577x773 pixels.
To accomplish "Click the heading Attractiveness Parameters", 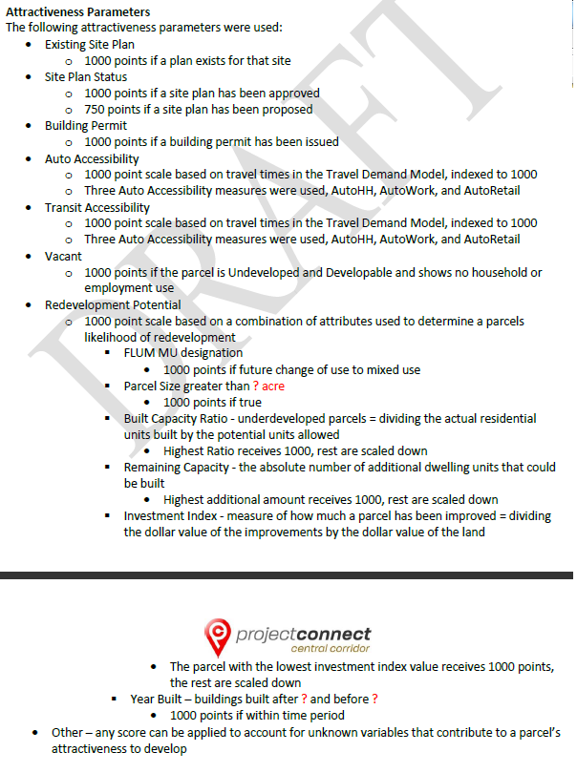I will coord(77,12).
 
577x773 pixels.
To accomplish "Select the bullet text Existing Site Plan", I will coord(90,45).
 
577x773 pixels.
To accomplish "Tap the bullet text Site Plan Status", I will coord(86,77).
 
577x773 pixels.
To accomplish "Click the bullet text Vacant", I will coord(63,256).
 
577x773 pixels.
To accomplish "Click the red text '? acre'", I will coord(268,386).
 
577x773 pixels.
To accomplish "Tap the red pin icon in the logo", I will coord(218,634).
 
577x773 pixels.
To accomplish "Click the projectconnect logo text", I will coord(304,634).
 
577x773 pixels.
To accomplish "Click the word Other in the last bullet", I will coord(67,733).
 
